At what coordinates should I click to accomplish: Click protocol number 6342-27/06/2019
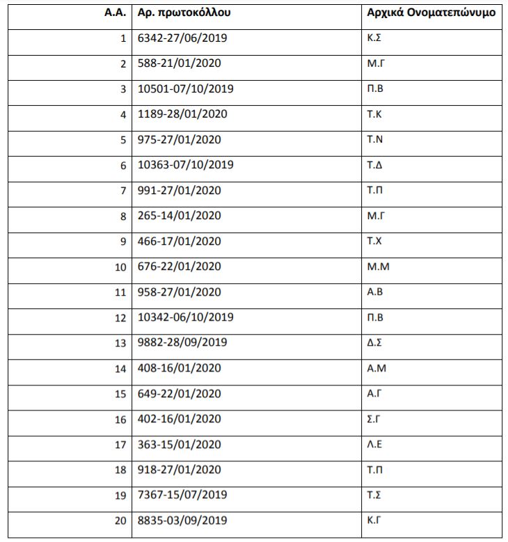[182, 38]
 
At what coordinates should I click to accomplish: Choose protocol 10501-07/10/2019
[185, 89]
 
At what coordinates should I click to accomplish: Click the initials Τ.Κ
[374, 114]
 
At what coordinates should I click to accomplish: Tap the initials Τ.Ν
[374, 139]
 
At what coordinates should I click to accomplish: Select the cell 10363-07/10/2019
[185, 165]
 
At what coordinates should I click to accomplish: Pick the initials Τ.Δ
[374, 165]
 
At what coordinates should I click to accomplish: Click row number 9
[123, 241]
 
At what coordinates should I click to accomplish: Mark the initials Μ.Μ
[376, 266]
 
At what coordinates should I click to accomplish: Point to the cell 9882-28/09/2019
[182, 343]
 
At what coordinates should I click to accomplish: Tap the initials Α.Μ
[375, 368]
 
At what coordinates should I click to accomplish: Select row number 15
[120, 394]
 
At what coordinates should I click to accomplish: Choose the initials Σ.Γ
[374, 419]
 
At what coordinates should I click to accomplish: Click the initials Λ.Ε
[374, 444]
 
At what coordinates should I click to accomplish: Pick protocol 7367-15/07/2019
[182, 495]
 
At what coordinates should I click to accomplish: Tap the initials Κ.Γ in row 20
[374, 520]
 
